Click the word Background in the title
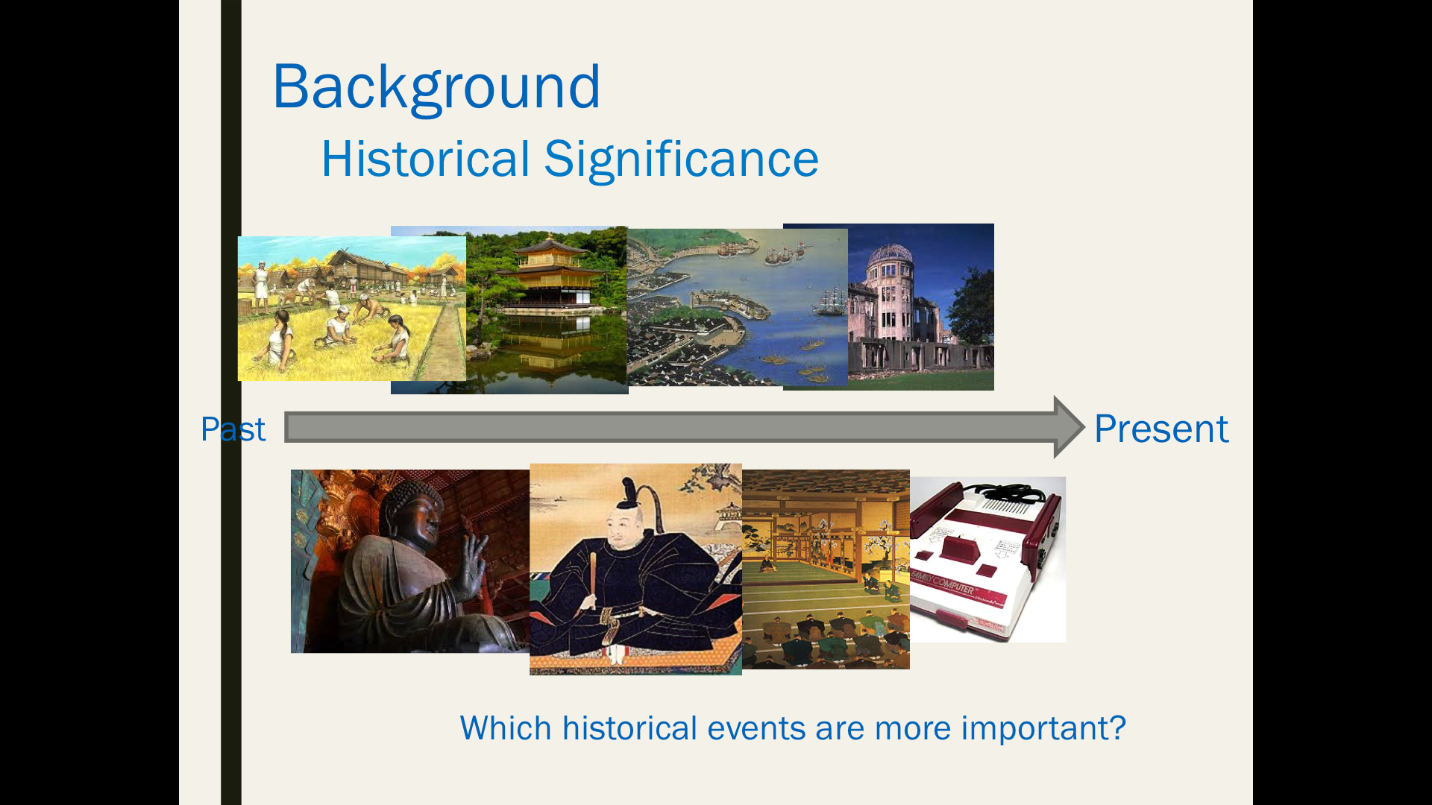point(436,87)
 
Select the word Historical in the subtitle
point(426,159)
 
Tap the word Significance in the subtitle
point(681,160)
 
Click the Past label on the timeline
point(233,429)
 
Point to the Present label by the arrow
point(1161,429)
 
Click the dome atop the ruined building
point(889,255)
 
